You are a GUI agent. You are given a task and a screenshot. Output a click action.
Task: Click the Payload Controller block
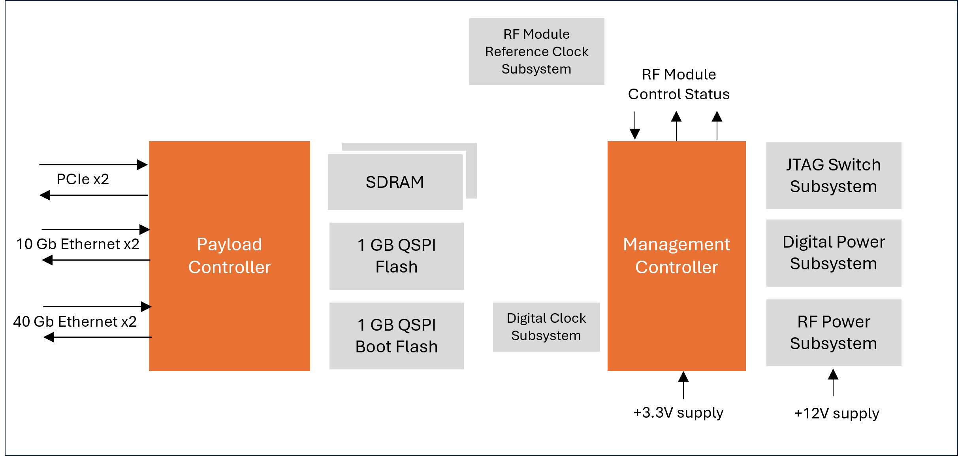tap(229, 255)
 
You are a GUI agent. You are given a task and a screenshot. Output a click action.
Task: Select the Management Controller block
tap(676, 255)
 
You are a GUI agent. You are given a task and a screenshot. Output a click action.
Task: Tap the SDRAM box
tap(395, 182)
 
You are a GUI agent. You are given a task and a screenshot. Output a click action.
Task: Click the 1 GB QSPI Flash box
tap(397, 256)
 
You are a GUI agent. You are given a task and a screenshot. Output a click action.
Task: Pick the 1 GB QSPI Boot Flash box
tap(397, 336)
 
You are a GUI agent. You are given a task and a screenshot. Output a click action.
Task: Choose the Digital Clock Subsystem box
tap(546, 327)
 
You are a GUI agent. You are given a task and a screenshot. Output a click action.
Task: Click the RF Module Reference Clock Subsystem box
tap(536, 51)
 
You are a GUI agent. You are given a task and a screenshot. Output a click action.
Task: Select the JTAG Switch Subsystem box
tap(834, 176)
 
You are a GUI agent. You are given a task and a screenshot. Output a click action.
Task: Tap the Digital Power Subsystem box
tap(834, 253)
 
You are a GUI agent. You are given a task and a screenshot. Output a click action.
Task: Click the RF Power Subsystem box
tap(834, 333)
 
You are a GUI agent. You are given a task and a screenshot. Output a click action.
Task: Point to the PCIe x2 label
tap(83, 179)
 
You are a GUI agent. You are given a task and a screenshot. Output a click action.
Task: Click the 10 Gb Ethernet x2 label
tap(78, 244)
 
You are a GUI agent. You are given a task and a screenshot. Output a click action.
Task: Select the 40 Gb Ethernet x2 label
tap(75, 322)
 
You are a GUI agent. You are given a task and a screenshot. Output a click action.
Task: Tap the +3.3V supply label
tap(678, 412)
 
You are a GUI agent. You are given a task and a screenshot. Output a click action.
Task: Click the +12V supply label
tap(837, 413)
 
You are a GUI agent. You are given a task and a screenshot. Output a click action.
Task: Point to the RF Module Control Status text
tap(679, 84)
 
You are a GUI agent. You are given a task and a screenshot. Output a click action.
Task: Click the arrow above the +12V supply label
tap(833, 382)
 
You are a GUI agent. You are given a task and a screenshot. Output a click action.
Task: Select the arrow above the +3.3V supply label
tap(683, 384)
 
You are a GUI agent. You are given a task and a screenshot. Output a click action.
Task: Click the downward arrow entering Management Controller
tap(635, 126)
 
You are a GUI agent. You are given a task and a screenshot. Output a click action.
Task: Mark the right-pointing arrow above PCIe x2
tap(94, 165)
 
